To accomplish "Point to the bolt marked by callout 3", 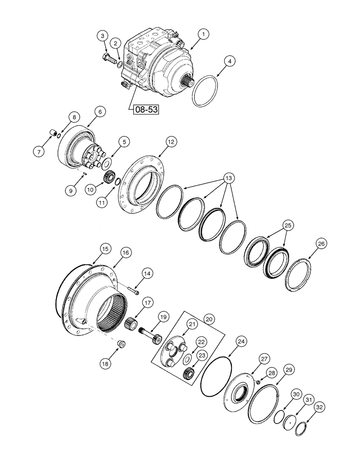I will coord(108,59).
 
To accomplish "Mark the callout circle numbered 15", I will coord(105,249).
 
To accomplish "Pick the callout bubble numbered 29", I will coord(289,370).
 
